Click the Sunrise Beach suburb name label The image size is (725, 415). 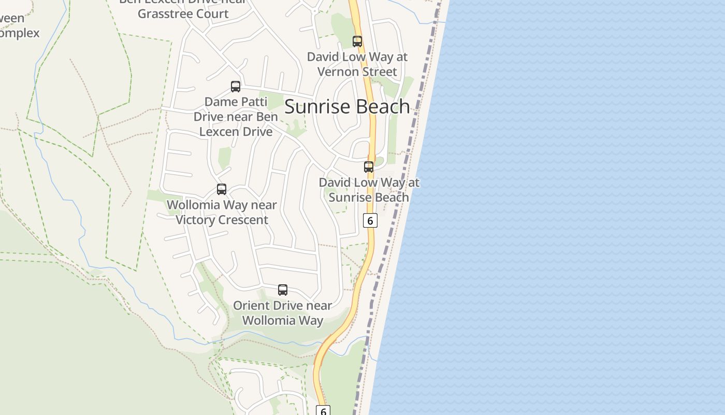(x=347, y=106)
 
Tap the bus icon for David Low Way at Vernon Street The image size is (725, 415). (x=357, y=41)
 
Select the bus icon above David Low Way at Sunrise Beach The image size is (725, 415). (x=369, y=167)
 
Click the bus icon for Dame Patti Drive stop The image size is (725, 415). (x=236, y=87)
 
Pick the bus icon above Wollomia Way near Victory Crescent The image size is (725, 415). (x=222, y=189)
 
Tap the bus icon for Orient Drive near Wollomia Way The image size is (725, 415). (x=283, y=290)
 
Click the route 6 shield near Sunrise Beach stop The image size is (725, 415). (x=370, y=220)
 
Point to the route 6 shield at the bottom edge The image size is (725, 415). (x=323, y=411)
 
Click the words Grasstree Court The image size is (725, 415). (x=183, y=13)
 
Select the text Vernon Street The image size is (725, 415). (x=357, y=72)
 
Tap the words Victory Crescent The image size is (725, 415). (x=222, y=220)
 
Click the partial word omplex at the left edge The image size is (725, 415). (x=20, y=33)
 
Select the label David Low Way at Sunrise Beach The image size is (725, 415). (x=369, y=190)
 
